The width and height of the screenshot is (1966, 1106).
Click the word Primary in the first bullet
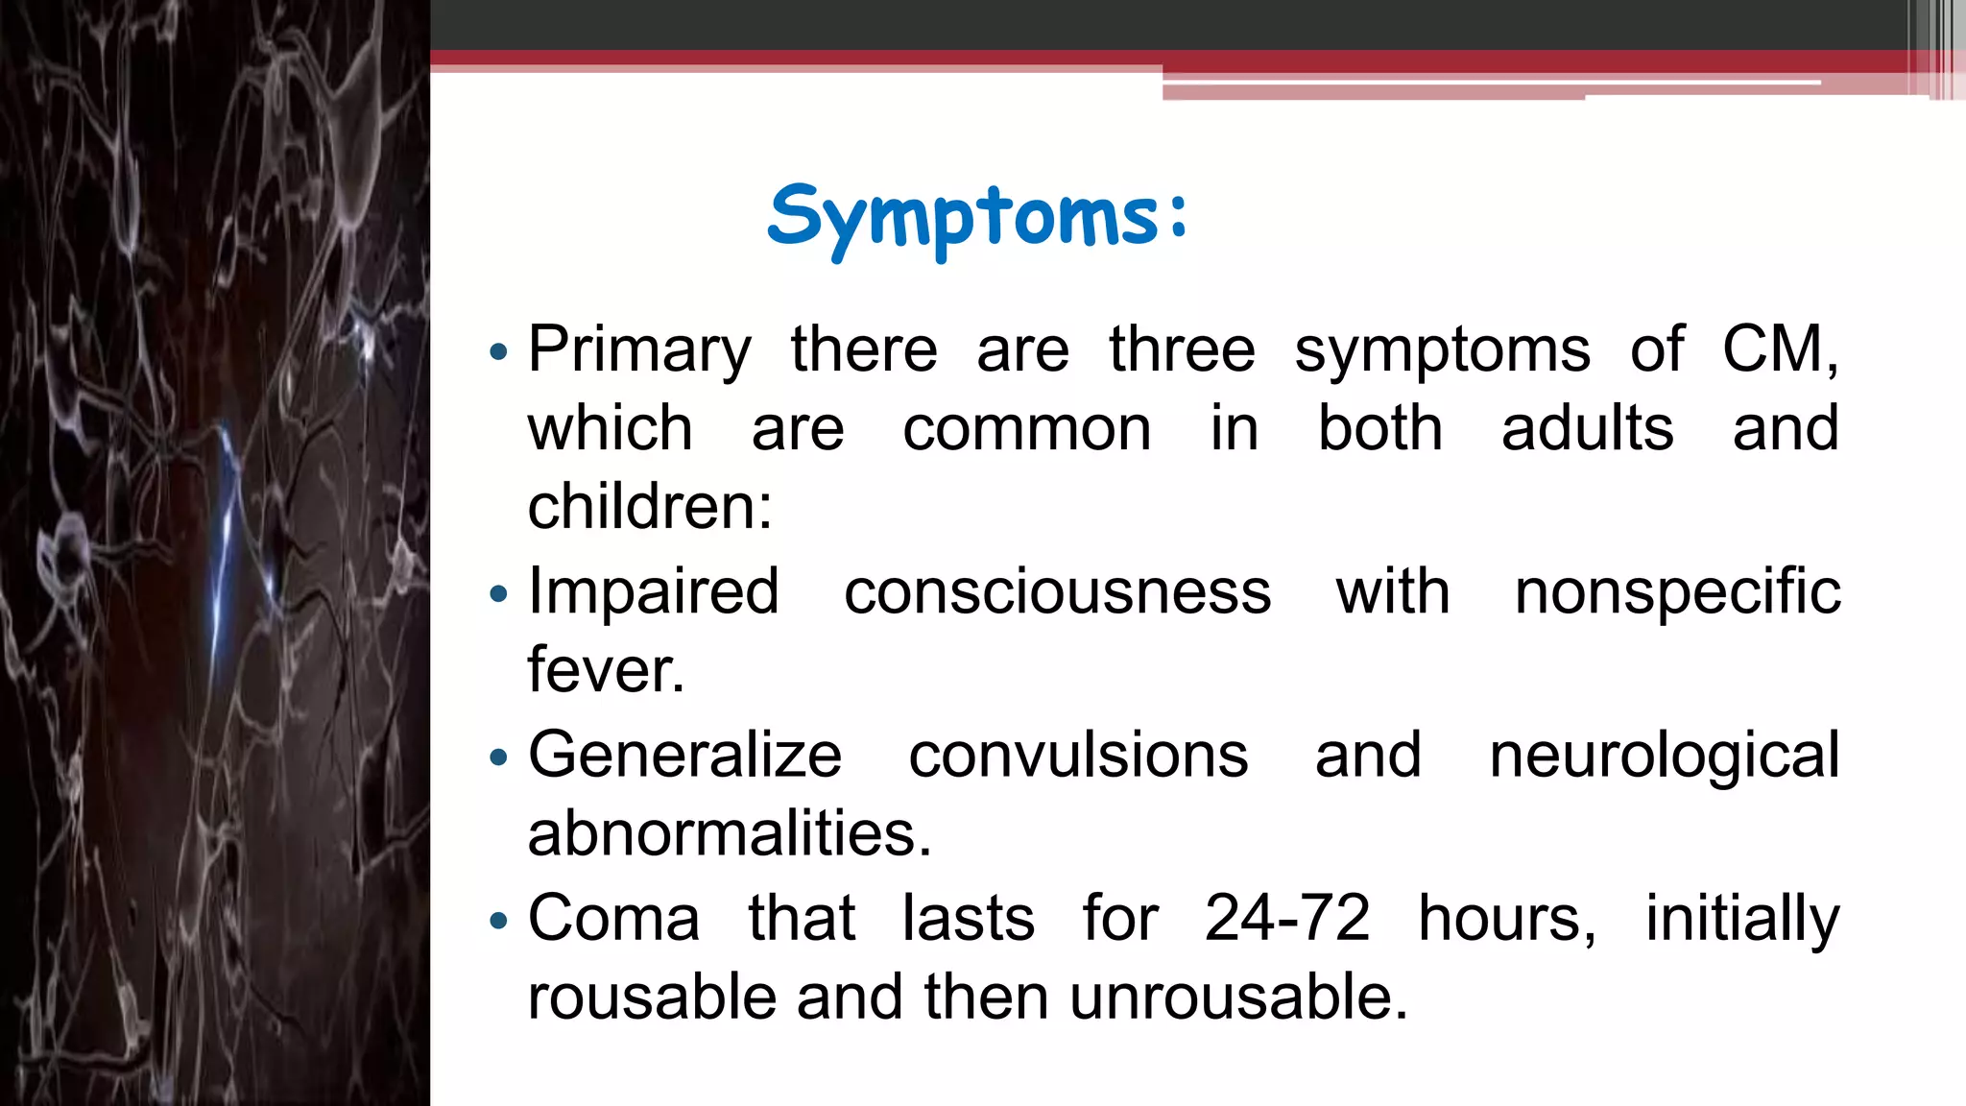point(639,349)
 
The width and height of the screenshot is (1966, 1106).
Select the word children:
point(650,507)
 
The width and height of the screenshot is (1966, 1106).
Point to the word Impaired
point(653,591)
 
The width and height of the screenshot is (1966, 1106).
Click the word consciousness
point(1057,591)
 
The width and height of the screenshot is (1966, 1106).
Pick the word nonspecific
point(1677,591)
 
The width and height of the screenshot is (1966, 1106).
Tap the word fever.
point(606,670)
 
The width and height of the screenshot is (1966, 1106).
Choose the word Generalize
point(684,756)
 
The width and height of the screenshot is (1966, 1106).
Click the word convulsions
point(1078,756)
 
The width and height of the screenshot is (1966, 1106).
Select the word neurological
point(1664,756)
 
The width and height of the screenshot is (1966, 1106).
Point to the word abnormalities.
point(729,833)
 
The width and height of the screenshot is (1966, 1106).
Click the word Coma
point(613,919)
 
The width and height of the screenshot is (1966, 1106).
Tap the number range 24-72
point(1286,919)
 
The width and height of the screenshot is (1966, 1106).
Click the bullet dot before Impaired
point(497,594)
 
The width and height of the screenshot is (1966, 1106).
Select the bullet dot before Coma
point(497,922)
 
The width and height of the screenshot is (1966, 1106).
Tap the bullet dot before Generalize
point(497,758)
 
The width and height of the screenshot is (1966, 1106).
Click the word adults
point(1587,428)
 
